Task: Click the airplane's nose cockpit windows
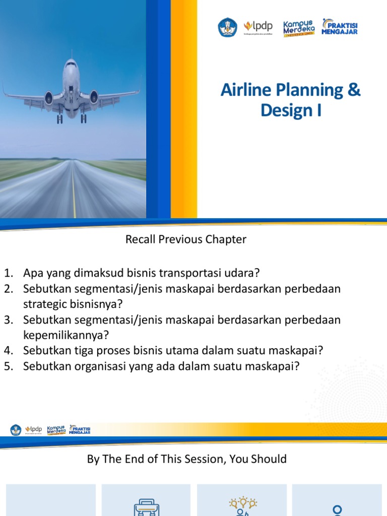(71, 65)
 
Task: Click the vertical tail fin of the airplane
(71, 54)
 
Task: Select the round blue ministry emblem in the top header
(227, 27)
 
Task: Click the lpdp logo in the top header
(259, 27)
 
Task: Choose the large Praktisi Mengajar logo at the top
(340, 27)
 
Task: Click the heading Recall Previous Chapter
(186, 240)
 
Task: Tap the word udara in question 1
(241, 274)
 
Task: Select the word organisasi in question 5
(89, 366)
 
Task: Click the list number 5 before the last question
(8, 366)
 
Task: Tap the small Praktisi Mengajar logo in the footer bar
(80, 430)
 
